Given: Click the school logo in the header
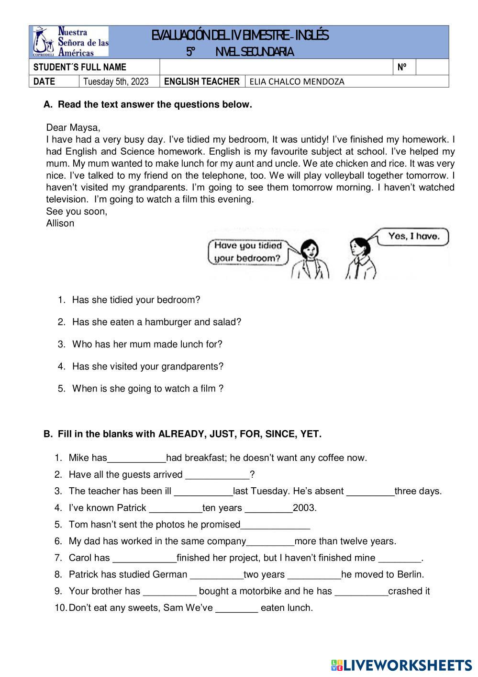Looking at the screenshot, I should point(71,42).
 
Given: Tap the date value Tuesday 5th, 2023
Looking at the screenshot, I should point(116,81).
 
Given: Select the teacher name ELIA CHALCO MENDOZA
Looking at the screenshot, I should point(297,81).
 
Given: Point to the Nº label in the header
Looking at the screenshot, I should point(402,68).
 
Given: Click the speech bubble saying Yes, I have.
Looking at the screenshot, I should point(413,236).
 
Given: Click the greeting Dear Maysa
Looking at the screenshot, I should point(73,128).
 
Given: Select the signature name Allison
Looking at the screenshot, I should point(60,223).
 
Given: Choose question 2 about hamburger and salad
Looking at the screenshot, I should point(156,322).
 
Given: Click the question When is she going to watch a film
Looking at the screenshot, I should point(147,389).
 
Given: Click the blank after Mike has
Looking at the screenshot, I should point(137,459).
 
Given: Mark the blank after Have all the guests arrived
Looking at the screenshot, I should point(217,475).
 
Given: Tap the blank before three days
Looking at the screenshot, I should point(370,492).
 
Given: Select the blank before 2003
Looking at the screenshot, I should point(268,508).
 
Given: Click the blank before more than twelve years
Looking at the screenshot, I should point(270,542).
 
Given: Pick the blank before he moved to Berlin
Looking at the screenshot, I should point(314,575).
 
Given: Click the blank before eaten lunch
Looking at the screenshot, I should point(237,608).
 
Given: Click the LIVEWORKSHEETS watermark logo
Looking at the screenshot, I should point(401,665).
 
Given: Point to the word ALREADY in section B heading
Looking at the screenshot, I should point(181,434).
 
